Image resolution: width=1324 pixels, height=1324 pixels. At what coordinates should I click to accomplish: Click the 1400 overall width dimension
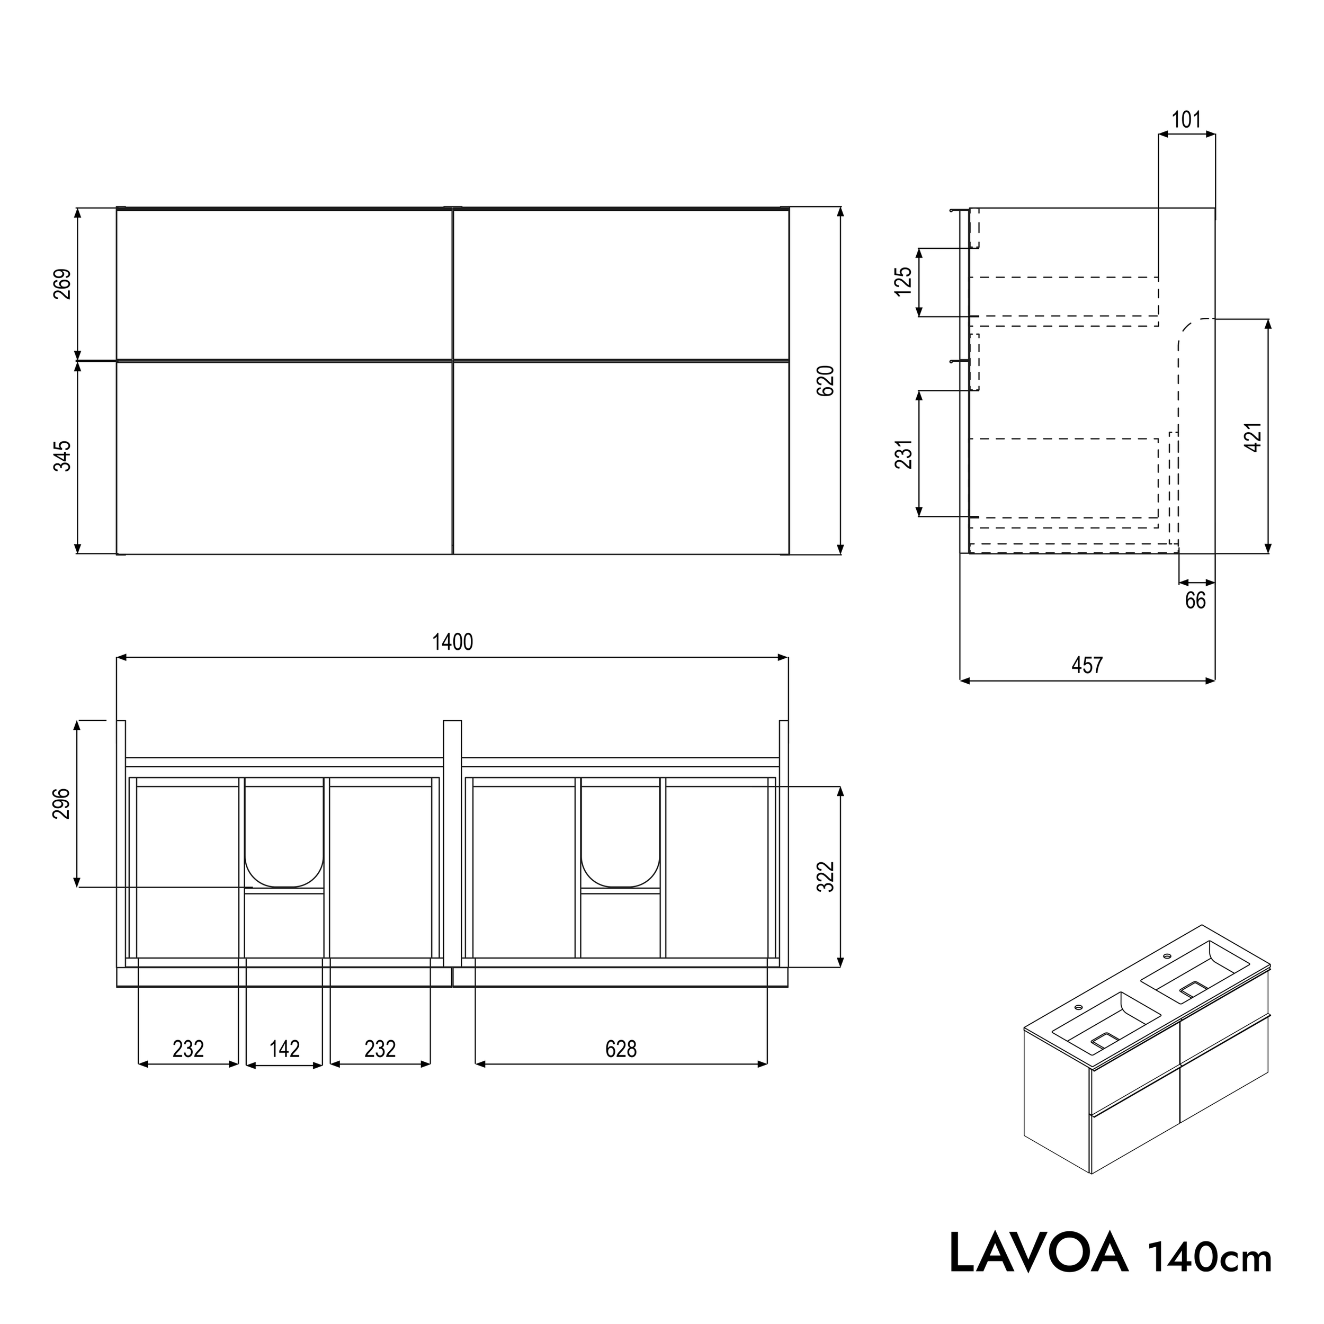tap(452, 642)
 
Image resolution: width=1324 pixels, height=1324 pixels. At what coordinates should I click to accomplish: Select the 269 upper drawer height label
tap(62, 284)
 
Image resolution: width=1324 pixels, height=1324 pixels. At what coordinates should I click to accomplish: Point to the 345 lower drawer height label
tap(62, 456)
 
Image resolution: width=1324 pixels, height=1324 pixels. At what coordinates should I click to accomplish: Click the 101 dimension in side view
tap(1186, 120)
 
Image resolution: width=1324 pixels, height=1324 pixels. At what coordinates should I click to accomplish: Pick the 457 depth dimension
tap(1087, 665)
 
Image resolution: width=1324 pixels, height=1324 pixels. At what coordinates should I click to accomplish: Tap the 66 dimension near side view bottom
tap(1195, 601)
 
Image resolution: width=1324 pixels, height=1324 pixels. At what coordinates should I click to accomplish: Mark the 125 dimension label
tap(904, 281)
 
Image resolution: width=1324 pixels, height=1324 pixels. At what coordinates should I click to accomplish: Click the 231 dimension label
tap(904, 454)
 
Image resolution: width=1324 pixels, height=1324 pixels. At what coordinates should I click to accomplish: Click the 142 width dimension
tap(284, 1049)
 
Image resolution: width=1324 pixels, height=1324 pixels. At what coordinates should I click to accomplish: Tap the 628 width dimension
tap(621, 1049)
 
